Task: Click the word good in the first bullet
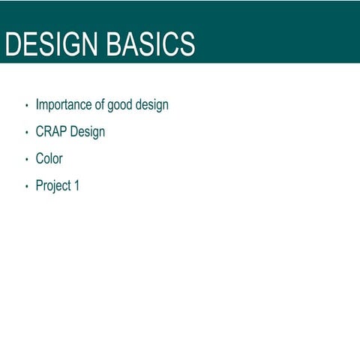pos(120,105)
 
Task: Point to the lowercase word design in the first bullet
pos(152,105)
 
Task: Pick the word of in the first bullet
pos(100,105)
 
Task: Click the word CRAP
pos(51,132)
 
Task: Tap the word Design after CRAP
pos(88,132)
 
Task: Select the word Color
pos(49,159)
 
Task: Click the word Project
pos(52,186)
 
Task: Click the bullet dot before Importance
pos(26,106)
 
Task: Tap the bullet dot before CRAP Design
pos(26,133)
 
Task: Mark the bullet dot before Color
pos(26,160)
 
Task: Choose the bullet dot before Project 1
pos(26,187)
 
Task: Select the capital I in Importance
pos(37,105)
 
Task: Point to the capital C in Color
pos(40,159)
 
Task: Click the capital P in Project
pos(40,186)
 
